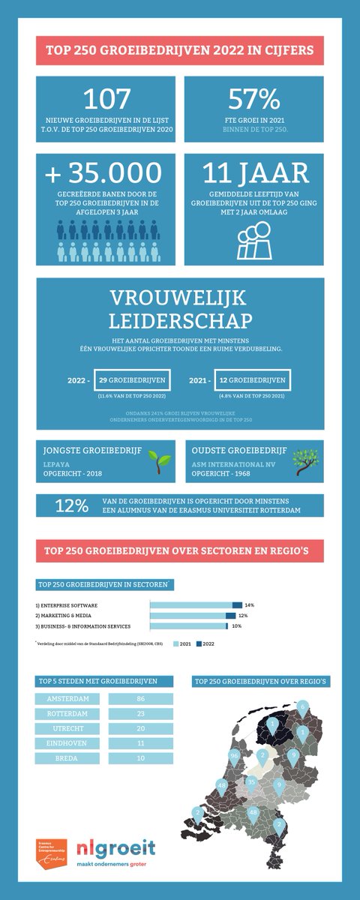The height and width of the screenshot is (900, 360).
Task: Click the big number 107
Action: coord(106,98)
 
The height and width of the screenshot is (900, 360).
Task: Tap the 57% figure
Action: coord(253,98)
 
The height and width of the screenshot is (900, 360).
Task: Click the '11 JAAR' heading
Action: coord(256,173)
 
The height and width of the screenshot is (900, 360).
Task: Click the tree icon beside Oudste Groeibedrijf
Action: coord(307,460)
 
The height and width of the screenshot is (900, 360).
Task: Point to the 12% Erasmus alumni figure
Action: coord(70,505)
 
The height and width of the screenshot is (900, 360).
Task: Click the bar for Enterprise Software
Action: coord(196,604)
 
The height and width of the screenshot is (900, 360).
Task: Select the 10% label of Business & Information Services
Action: coord(236,625)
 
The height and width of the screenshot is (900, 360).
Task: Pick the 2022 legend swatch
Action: coord(200,643)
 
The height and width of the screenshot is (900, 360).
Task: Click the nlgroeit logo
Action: coord(117,848)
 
